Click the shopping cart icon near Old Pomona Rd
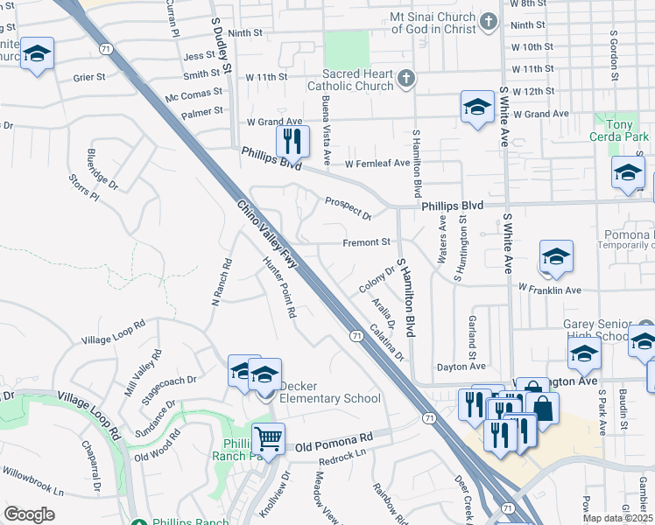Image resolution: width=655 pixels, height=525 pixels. [268, 437]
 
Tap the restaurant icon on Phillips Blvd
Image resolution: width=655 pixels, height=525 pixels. [292, 141]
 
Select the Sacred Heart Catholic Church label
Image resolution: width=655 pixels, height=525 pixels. [349, 80]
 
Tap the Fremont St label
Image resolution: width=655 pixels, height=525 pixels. [366, 241]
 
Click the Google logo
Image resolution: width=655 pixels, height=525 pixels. [29, 514]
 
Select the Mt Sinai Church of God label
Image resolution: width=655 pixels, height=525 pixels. [434, 22]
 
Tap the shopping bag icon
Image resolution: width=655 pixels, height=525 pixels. [542, 409]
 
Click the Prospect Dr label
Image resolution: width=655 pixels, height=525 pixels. [348, 208]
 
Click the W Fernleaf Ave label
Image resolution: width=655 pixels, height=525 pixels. [377, 164]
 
